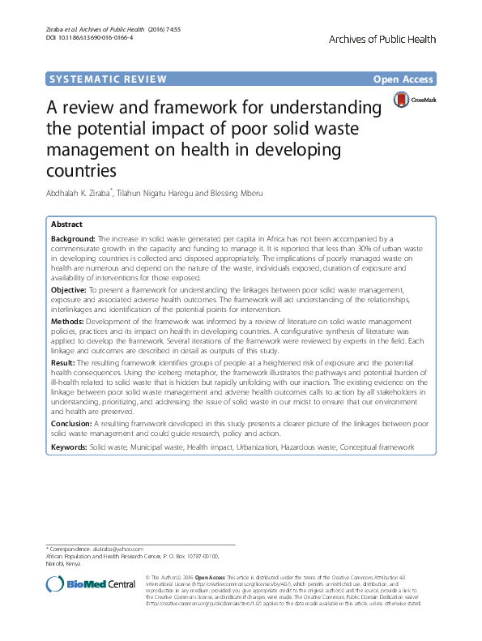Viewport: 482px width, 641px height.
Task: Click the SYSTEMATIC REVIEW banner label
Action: pyautogui.click(x=108, y=79)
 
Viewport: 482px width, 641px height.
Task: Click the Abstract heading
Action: pyautogui.click(x=66, y=224)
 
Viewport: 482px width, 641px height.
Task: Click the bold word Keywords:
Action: pyautogui.click(x=69, y=447)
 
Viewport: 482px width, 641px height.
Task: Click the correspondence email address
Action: pyautogui.click(x=117, y=549)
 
